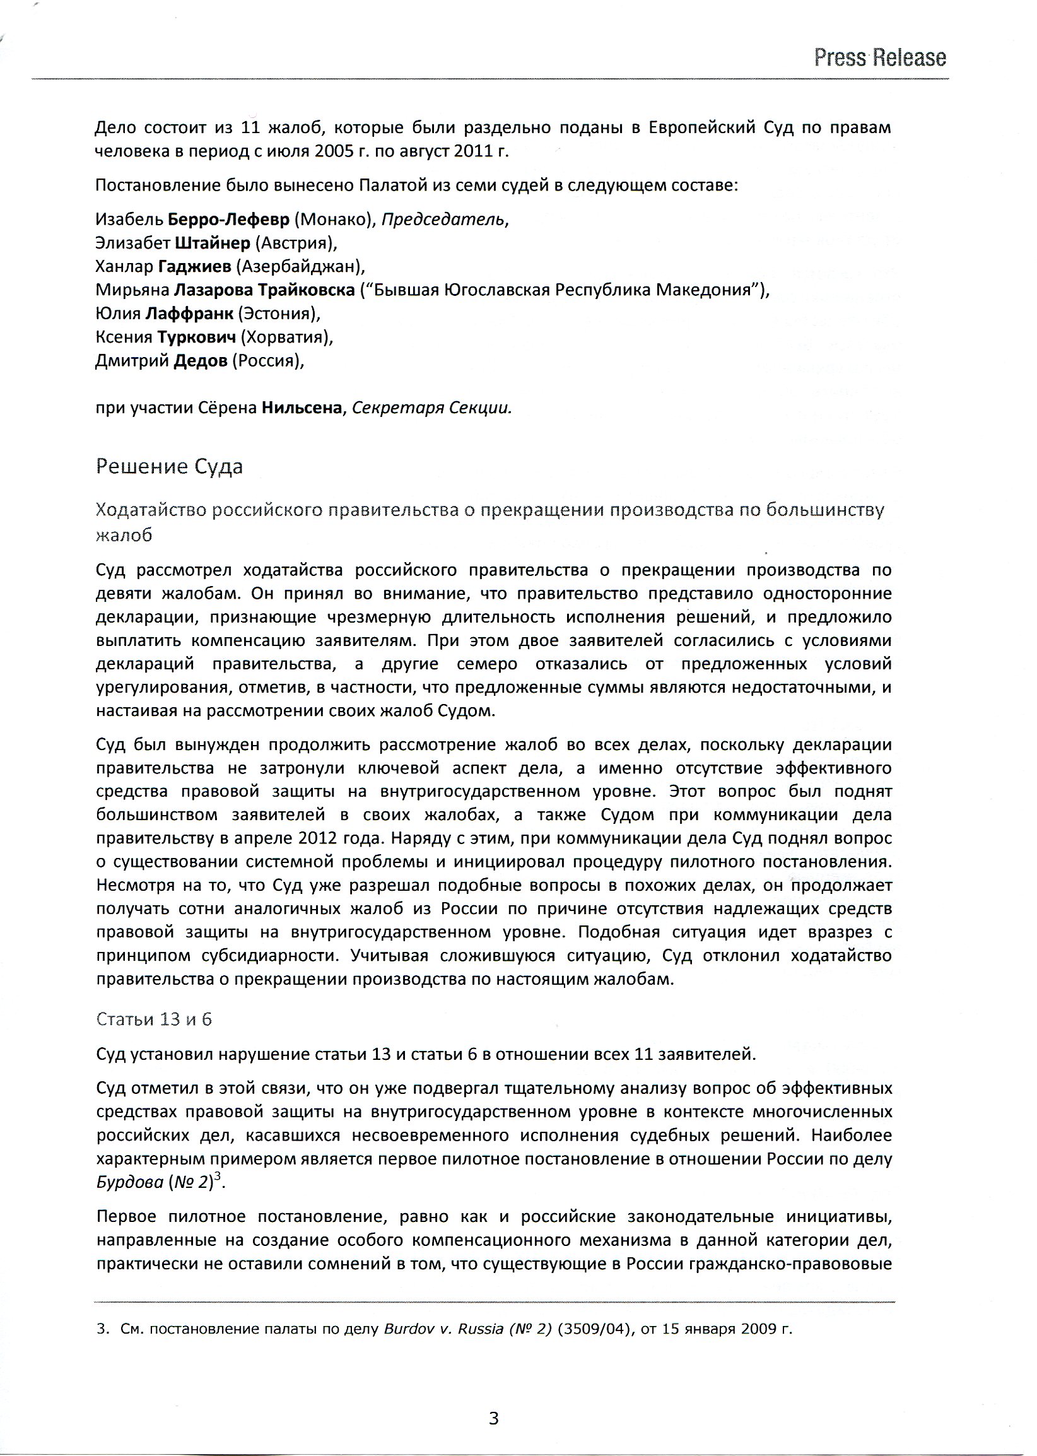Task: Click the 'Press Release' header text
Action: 879,58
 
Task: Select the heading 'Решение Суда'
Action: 169,467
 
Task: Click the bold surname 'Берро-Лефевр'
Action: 228,220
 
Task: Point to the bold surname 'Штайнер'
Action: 211,244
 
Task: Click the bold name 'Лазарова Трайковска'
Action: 264,290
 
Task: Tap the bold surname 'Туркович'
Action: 197,337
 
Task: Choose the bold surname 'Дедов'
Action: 200,361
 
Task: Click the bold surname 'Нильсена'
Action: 302,408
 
